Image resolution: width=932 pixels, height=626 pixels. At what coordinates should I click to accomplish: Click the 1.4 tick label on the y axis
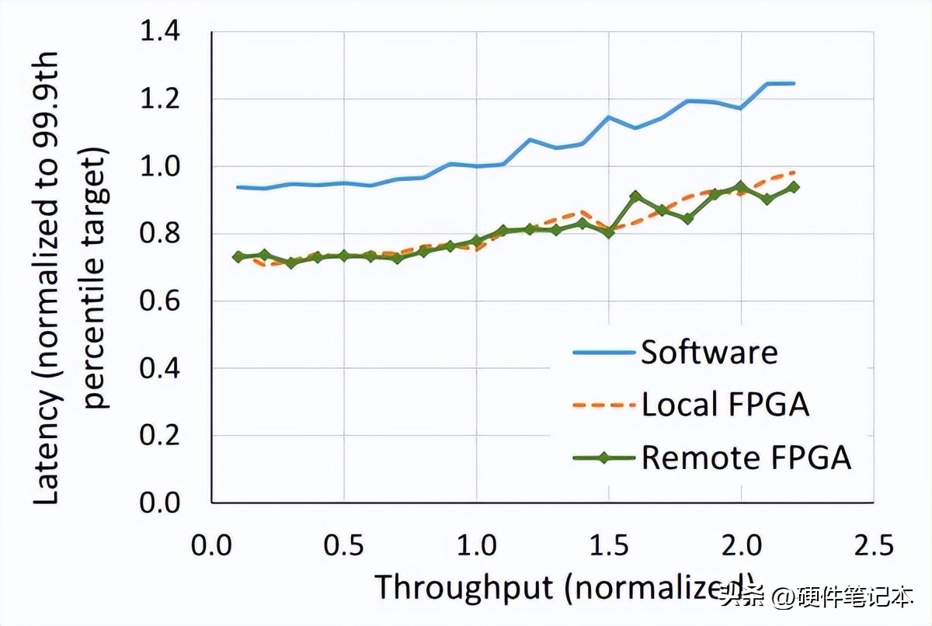[x=158, y=33]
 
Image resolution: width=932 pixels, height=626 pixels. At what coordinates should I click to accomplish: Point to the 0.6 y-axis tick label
[x=158, y=301]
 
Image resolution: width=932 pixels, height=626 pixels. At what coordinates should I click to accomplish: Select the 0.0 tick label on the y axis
[x=158, y=503]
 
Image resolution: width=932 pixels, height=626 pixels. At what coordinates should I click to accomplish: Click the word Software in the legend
[x=709, y=353]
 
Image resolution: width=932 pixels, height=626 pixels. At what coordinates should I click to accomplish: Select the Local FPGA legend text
[x=725, y=405]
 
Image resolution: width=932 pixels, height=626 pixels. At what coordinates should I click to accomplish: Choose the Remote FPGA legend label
[x=746, y=457]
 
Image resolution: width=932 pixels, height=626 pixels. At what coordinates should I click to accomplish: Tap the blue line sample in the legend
[x=603, y=353]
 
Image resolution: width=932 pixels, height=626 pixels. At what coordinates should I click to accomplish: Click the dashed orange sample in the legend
[x=603, y=405]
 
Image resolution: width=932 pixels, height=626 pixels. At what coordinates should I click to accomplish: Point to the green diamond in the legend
[x=603, y=457]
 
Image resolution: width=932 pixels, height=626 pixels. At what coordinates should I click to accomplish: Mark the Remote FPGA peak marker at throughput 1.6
[x=635, y=196]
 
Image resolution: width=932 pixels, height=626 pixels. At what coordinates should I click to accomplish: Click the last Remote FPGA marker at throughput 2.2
[x=794, y=186]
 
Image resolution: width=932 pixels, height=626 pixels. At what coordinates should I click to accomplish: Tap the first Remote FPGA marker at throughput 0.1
[x=238, y=256]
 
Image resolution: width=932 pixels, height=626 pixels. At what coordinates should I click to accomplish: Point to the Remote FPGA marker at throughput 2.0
[x=741, y=187]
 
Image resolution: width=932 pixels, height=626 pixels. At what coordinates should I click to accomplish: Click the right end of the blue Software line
[x=794, y=83]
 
